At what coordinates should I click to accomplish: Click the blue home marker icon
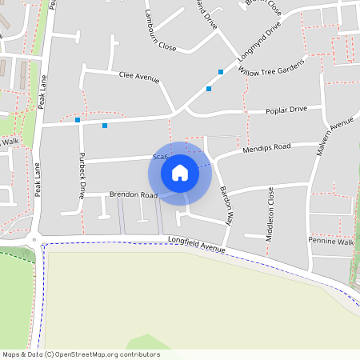coord(180,173)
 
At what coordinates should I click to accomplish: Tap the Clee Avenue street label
coord(139,78)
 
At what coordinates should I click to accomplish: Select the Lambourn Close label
coord(155,41)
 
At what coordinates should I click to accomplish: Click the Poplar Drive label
coord(286,109)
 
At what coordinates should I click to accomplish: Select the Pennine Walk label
coord(330,241)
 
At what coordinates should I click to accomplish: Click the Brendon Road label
coord(133,194)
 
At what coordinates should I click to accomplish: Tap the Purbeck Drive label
coord(82,175)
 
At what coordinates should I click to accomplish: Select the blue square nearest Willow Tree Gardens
coord(220,72)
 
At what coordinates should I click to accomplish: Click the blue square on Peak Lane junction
coord(78,121)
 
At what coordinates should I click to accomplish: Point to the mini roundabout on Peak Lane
coord(34,240)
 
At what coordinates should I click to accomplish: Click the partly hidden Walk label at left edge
coord(10,142)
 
